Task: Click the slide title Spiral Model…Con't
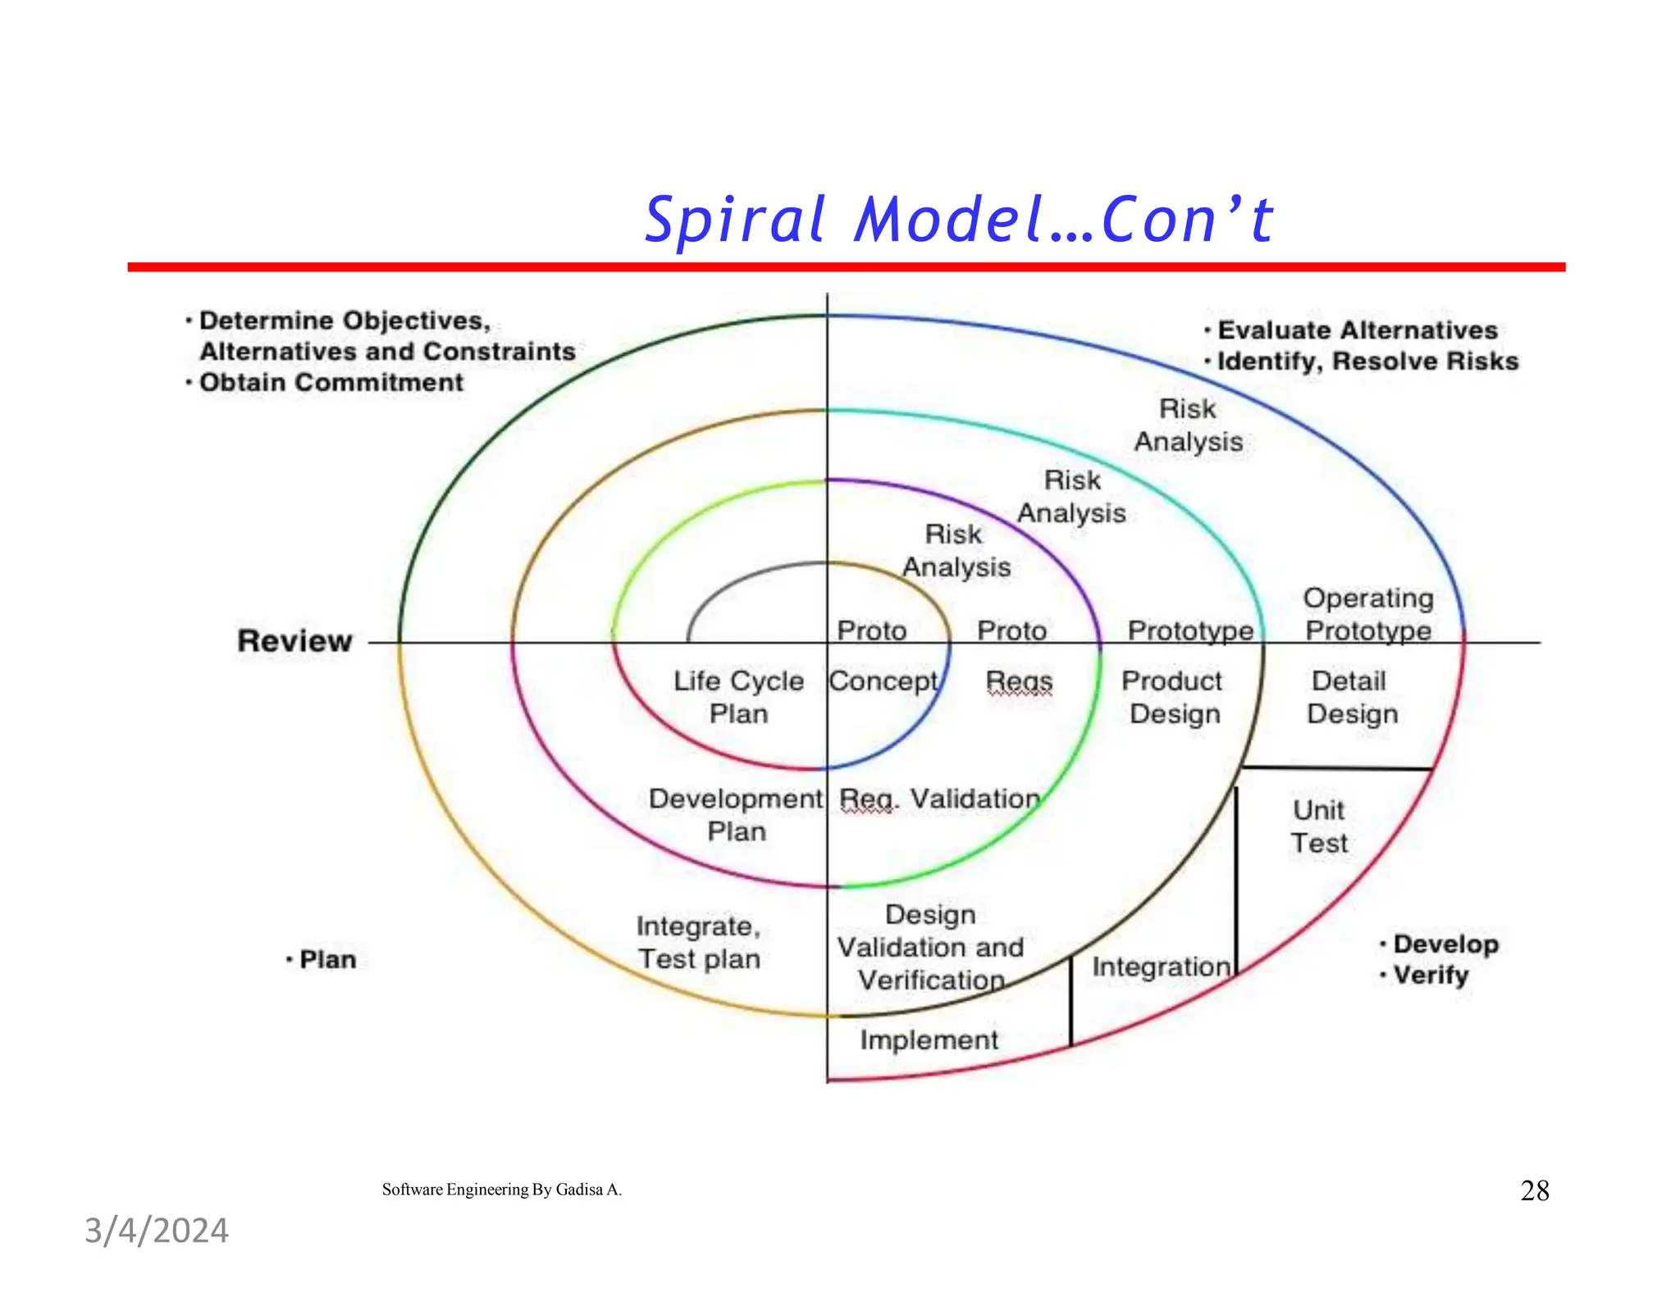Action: tap(958, 220)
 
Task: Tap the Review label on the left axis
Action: tap(294, 640)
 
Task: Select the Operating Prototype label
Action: tap(1367, 614)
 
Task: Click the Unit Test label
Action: tap(1318, 826)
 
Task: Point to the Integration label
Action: tap(1161, 967)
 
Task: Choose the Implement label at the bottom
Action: tap(929, 1040)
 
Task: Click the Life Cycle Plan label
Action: tap(738, 697)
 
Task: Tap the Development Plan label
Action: tap(736, 815)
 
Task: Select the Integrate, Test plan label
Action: tap(699, 942)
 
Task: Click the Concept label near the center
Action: tap(883, 681)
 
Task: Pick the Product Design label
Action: tap(1172, 697)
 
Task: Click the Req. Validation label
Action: tap(940, 799)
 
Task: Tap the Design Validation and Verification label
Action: tap(930, 947)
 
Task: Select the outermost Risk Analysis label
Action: tap(1188, 425)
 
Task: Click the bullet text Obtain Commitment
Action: tap(331, 382)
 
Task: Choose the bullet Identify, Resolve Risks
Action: tap(1367, 361)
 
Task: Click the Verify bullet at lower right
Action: tap(1431, 975)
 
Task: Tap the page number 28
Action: tap(1534, 1190)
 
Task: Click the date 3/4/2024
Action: tap(157, 1231)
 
